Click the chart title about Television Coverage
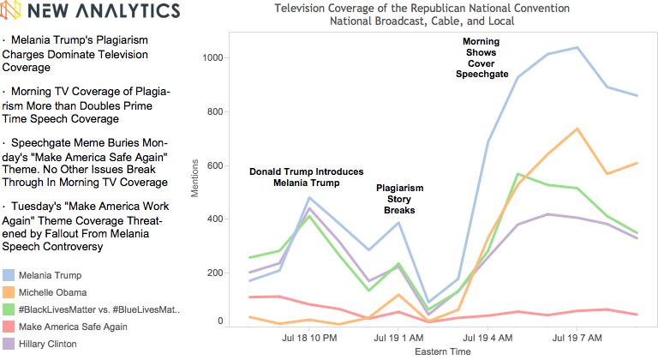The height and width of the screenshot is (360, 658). point(420,15)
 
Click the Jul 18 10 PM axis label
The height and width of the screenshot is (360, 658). point(309,339)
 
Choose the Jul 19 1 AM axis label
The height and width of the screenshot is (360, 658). point(398,339)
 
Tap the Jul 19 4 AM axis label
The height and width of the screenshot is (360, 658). point(488,339)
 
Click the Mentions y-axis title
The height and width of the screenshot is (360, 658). point(195,177)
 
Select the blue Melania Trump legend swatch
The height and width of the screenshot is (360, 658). point(9,274)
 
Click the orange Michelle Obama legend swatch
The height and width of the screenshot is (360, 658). point(9,291)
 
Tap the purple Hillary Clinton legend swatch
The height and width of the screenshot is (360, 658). point(9,344)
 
